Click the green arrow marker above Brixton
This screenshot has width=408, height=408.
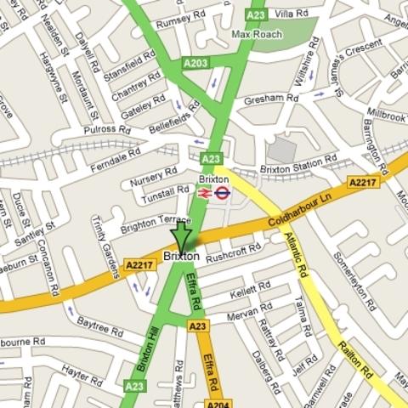(181, 235)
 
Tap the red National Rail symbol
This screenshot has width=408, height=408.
(205, 193)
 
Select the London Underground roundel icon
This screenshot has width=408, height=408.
(222, 193)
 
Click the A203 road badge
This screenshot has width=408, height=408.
(195, 63)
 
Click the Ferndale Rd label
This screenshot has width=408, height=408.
(116, 160)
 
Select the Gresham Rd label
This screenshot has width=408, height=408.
(271, 99)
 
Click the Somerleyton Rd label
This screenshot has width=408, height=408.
(354, 280)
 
